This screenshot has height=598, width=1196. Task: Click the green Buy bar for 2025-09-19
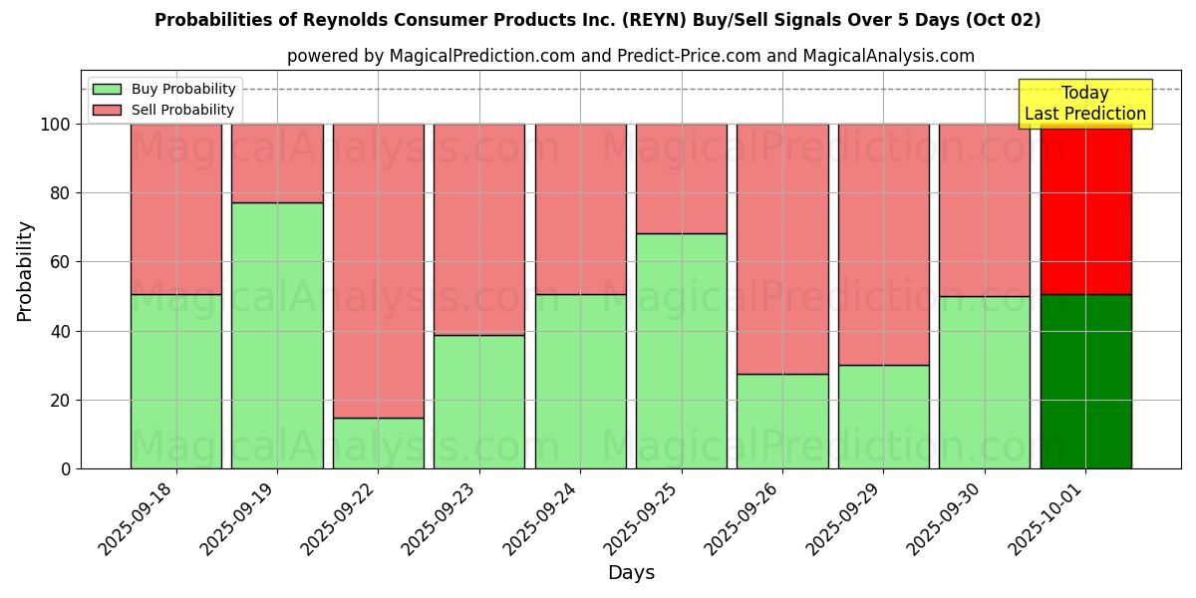click(277, 335)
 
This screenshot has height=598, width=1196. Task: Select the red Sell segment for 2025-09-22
click(378, 270)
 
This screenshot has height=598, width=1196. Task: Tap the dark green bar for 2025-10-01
click(1085, 381)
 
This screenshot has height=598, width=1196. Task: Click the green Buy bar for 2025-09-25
click(682, 351)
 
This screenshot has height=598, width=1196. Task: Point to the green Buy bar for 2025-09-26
click(782, 421)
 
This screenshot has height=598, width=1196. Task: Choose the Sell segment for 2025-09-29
click(883, 244)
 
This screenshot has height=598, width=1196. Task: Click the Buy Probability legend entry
click(164, 90)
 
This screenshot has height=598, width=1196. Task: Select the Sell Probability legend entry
click(164, 111)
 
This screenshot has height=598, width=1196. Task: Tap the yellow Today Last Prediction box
click(1084, 104)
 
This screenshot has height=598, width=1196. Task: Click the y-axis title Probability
click(25, 271)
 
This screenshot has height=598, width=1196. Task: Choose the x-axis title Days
click(631, 573)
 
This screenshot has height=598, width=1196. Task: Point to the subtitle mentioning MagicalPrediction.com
click(631, 57)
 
